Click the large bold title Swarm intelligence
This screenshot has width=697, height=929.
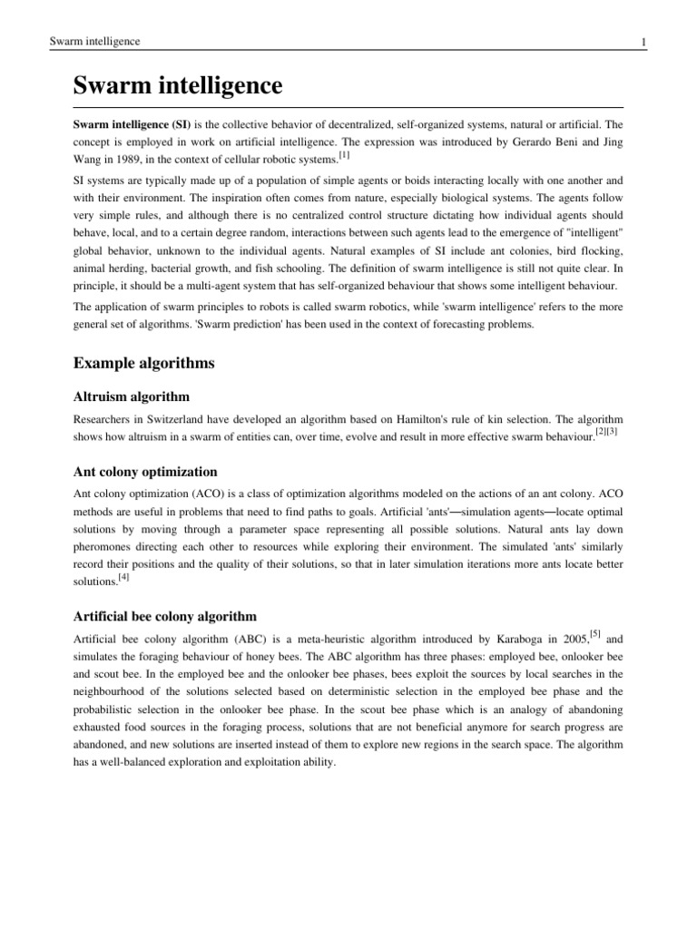[x=178, y=86]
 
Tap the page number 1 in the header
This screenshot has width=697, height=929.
[x=643, y=42]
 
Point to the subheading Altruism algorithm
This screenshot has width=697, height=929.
[x=132, y=396]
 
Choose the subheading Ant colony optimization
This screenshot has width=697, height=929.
[x=145, y=471]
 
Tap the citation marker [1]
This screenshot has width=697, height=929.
[x=343, y=155]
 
